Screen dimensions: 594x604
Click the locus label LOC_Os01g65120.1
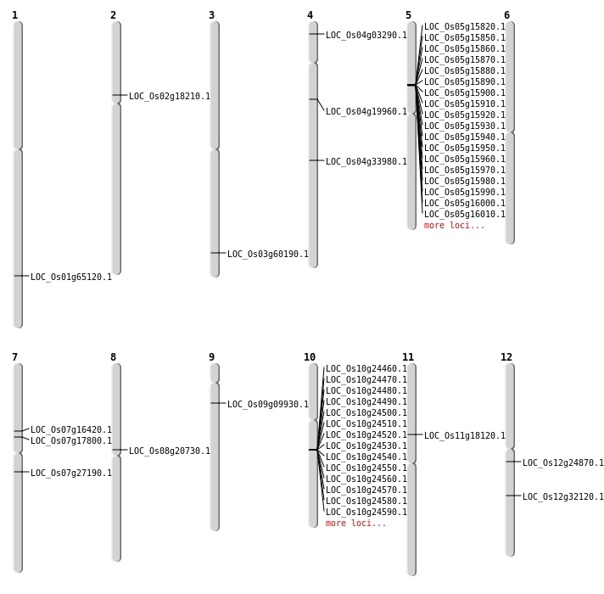pyautogui.click(x=71, y=277)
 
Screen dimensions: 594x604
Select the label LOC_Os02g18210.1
pyautogui.click(x=170, y=97)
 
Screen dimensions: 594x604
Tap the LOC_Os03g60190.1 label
pyautogui.click(x=268, y=254)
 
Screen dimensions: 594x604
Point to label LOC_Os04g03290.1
pyautogui.click(x=366, y=36)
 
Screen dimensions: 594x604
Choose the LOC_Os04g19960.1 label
pyautogui.click(x=366, y=112)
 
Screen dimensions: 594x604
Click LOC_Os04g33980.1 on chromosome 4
pyautogui.click(x=366, y=162)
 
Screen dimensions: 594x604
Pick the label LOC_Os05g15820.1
pyautogui.click(x=465, y=27)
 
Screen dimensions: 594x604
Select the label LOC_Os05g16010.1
pyautogui.click(x=465, y=215)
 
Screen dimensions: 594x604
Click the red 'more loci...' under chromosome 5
pyautogui.click(x=455, y=226)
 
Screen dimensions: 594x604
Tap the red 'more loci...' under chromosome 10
pyautogui.click(x=356, y=524)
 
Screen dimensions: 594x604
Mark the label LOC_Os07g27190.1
pyautogui.click(x=71, y=474)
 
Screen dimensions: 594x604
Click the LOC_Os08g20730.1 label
pyautogui.click(x=170, y=451)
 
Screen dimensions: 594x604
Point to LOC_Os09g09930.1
pyautogui.click(x=268, y=405)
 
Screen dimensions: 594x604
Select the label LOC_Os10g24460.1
pyautogui.click(x=366, y=369)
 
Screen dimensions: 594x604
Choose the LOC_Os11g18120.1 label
pyautogui.click(x=465, y=436)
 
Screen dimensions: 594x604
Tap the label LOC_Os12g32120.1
pyautogui.click(x=563, y=497)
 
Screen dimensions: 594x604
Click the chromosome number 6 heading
pyautogui.click(x=506, y=15)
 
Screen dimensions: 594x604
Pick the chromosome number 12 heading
pyautogui.click(x=506, y=357)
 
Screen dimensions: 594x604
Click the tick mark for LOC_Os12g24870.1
pyautogui.click(x=512, y=462)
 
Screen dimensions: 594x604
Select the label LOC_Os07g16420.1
pyautogui.click(x=71, y=430)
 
